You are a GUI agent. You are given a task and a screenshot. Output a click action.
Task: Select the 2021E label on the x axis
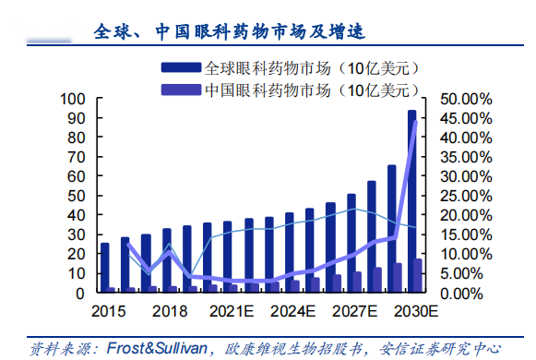click(x=232, y=311)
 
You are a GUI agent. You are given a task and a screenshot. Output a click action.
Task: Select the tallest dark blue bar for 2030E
click(x=411, y=203)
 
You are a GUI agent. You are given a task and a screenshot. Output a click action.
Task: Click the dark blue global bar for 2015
click(x=105, y=268)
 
